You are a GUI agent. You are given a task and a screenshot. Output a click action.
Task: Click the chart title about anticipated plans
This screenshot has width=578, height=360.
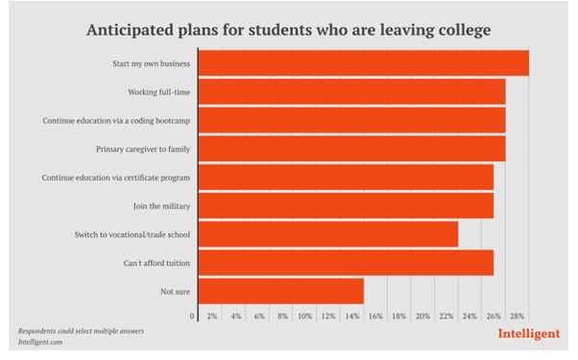pos(288,30)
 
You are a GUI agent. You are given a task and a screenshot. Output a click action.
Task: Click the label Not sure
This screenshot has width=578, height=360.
pos(174,291)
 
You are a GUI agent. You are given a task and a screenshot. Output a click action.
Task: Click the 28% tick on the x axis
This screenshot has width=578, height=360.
pos(517,316)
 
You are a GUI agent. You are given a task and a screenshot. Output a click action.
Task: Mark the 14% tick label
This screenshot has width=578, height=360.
pos(352,316)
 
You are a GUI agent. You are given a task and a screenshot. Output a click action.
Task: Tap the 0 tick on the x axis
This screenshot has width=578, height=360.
pos(192,316)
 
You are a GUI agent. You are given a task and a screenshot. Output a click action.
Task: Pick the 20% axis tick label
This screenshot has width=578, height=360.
pos(422,316)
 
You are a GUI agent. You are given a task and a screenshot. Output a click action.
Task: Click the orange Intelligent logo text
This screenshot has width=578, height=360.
pos(529,335)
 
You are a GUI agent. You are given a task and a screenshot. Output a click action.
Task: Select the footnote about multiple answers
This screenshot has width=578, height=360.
pos(81,330)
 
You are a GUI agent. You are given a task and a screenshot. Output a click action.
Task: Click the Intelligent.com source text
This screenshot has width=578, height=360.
pos(46,341)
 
